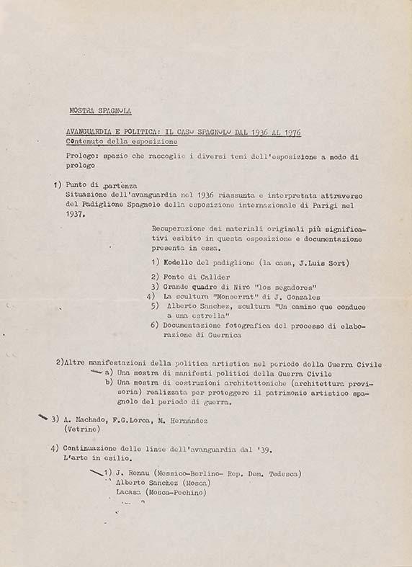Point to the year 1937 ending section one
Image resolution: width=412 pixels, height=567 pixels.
click(75, 214)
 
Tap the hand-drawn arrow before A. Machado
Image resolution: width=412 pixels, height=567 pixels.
click(43, 418)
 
